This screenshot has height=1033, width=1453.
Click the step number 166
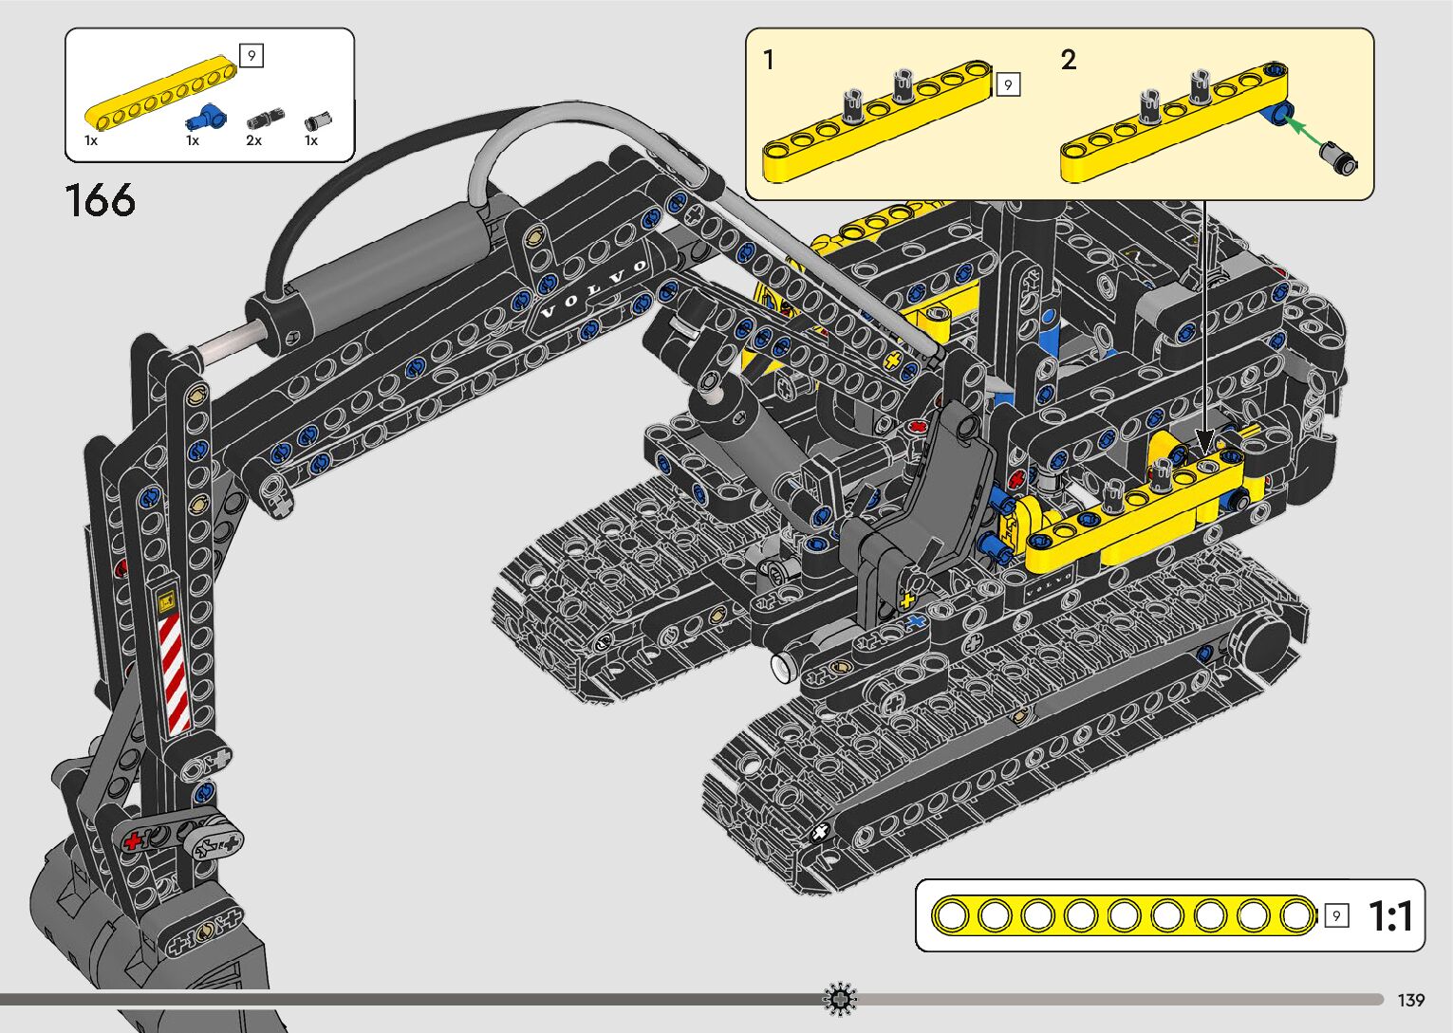[x=100, y=200]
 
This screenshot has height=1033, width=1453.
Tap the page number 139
[x=1411, y=1000]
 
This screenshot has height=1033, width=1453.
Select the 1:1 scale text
[x=1390, y=915]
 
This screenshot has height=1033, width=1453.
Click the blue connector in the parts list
[x=206, y=118]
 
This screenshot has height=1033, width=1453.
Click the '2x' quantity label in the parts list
[x=253, y=140]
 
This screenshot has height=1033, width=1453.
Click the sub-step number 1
[x=769, y=60]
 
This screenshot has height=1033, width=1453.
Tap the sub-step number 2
[x=1069, y=60]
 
